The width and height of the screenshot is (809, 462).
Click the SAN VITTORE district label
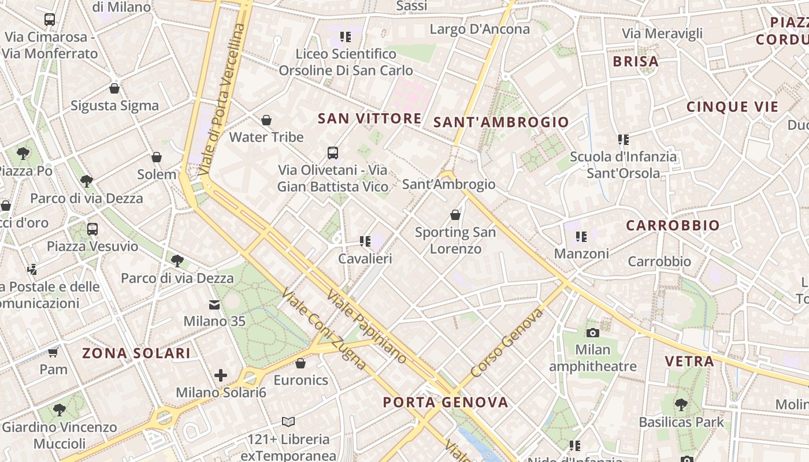[370, 119]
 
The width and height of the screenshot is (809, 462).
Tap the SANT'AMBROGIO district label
[501, 122]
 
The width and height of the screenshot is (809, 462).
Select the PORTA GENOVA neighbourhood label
[446, 403]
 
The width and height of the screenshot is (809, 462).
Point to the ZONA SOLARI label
[136, 353]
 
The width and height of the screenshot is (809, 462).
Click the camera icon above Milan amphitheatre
[592, 333]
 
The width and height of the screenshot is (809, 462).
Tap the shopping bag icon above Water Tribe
[266, 120]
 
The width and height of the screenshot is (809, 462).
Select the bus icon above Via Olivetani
[333, 153]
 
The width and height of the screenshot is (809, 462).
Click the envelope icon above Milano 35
[214, 304]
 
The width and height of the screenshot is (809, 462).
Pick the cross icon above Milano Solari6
[221, 375]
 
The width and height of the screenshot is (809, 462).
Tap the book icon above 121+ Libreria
[288, 422]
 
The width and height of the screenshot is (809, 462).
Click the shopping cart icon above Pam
[53, 352]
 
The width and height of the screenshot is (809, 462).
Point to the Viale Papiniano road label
[366, 326]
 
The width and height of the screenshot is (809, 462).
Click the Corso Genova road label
[507, 343]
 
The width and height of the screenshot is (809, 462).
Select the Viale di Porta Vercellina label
[221, 99]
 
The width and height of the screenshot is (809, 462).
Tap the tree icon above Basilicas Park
[681, 405]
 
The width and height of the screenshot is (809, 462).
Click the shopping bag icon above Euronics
[300, 363]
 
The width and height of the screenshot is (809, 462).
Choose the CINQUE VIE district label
[732, 107]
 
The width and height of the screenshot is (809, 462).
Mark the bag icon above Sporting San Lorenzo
[455, 215]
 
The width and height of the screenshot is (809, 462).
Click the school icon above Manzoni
[581, 236]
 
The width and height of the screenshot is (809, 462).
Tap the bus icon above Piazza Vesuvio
[92, 229]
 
